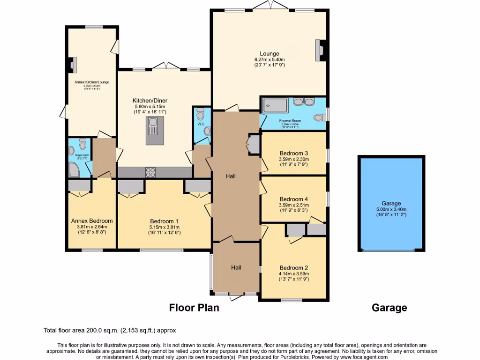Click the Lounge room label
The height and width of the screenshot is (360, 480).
coord(270,53)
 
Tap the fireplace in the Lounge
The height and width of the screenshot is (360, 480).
coord(320,50)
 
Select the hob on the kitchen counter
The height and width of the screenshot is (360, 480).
coord(151,172)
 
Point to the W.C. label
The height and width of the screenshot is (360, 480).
coord(200,125)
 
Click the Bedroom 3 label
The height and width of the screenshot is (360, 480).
coord(293,153)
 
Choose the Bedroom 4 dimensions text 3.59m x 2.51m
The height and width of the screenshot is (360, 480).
coord(293,205)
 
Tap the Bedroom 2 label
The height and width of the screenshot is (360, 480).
coord(293,267)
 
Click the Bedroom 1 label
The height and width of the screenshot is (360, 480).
coord(164,221)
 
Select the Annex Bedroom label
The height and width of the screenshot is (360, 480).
coord(92,221)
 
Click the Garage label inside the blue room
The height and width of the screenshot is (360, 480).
coord(391,203)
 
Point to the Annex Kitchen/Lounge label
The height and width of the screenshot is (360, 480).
coord(92,82)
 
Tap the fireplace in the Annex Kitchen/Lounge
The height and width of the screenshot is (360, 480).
coord(73,65)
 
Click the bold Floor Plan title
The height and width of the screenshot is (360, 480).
coord(194,308)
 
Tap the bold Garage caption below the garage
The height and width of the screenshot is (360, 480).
coord(389,308)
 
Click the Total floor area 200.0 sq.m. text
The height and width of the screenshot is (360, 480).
coord(110,330)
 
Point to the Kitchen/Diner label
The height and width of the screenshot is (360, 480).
coord(150,101)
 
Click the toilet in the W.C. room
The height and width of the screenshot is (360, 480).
coord(201,114)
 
